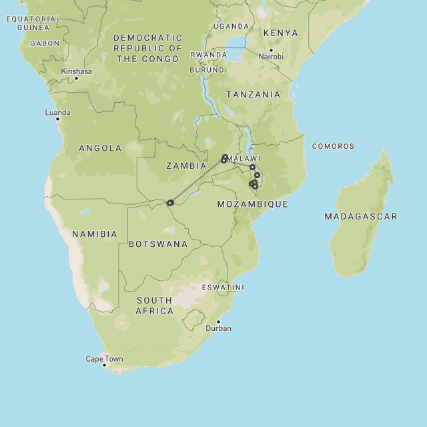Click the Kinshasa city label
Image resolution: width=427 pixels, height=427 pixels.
click(x=76, y=71)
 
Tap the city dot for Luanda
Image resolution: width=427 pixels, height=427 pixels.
click(x=57, y=119)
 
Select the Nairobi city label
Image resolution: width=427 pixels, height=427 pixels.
click(x=271, y=57)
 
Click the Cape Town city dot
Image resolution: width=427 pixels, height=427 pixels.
click(x=104, y=365)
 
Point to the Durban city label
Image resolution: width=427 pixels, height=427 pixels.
click(x=218, y=328)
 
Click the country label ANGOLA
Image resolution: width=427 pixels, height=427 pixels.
click(x=100, y=148)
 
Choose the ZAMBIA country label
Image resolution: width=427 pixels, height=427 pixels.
click(x=186, y=165)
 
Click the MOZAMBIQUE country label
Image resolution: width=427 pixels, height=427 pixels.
click(x=252, y=204)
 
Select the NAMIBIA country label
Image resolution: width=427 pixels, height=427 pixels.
click(x=95, y=234)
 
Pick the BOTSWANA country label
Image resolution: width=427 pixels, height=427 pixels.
click(x=158, y=244)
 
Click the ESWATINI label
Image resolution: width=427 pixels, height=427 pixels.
click(x=223, y=288)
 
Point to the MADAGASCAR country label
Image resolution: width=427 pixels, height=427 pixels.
click(x=360, y=216)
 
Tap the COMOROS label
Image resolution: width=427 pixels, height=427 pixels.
click(x=333, y=146)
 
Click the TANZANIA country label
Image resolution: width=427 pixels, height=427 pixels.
click(x=253, y=95)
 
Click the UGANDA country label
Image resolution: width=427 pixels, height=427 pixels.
click(x=231, y=26)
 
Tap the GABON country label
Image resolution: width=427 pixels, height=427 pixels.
click(x=45, y=43)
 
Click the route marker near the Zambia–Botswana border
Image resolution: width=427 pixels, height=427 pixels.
click(x=170, y=203)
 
